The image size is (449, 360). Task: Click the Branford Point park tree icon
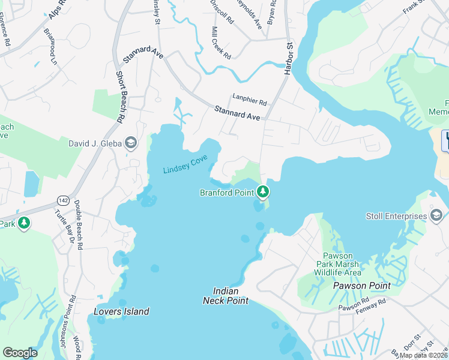[262, 192]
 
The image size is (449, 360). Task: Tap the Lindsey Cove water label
[185, 165]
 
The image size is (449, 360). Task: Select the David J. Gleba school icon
[131, 143]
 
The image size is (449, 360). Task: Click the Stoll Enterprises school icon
[436, 216]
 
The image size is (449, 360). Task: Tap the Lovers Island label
[121, 311]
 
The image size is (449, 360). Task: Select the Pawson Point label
[361, 286]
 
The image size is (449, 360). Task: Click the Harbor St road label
[288, 56]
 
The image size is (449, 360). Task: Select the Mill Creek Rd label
[221, 43]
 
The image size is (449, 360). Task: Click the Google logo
[20, 352]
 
